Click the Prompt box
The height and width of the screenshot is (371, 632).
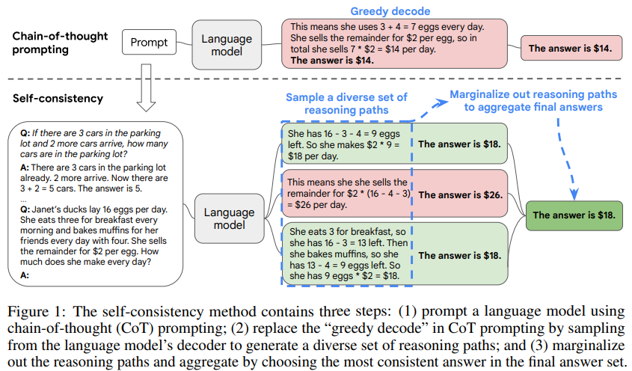click(x=149, y=42)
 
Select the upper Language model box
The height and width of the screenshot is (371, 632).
click(x=227, y=45)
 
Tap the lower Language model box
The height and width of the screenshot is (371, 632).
click(x=229, y=218)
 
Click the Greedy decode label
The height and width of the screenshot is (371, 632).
click(x=390, y=11)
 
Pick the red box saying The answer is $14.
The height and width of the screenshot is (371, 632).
click(x=571, y=48)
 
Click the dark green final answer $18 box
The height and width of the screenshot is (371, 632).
click(x=574, y=215)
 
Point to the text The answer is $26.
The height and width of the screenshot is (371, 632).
click(x=460, y=195)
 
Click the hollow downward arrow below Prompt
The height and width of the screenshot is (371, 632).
click(x=146, y=88)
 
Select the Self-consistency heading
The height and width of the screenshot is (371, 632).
click(x=58, y=99)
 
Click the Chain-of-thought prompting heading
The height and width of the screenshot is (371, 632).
click(x=60, y=43)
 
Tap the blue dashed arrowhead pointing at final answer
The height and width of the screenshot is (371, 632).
click(x=574, y=194)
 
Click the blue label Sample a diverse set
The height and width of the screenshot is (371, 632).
click(x=346, y=104)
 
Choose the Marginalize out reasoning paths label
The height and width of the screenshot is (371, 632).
click(x=533, y=101)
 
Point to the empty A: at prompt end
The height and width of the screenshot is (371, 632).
click(x=25, y=275)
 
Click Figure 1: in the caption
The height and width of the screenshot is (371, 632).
click(x=34, y=313)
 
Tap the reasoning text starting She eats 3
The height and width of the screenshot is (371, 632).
click(x=349, y=254)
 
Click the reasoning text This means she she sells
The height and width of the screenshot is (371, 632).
click(x=349, y=194)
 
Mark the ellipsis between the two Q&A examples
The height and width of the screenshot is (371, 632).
click(x=23, y=200)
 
